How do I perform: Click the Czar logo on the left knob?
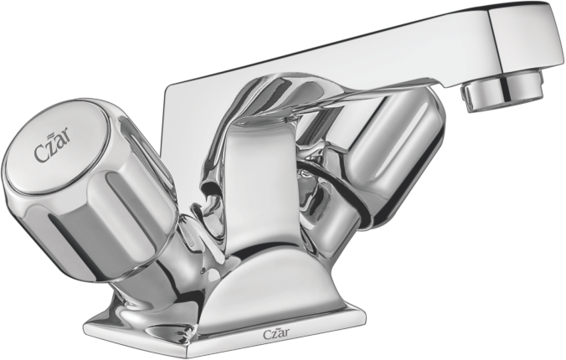pos(53,147)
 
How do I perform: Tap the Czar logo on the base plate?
pos(275,334)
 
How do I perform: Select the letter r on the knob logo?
pos(67,137)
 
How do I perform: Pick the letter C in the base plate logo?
pos(266,334)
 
